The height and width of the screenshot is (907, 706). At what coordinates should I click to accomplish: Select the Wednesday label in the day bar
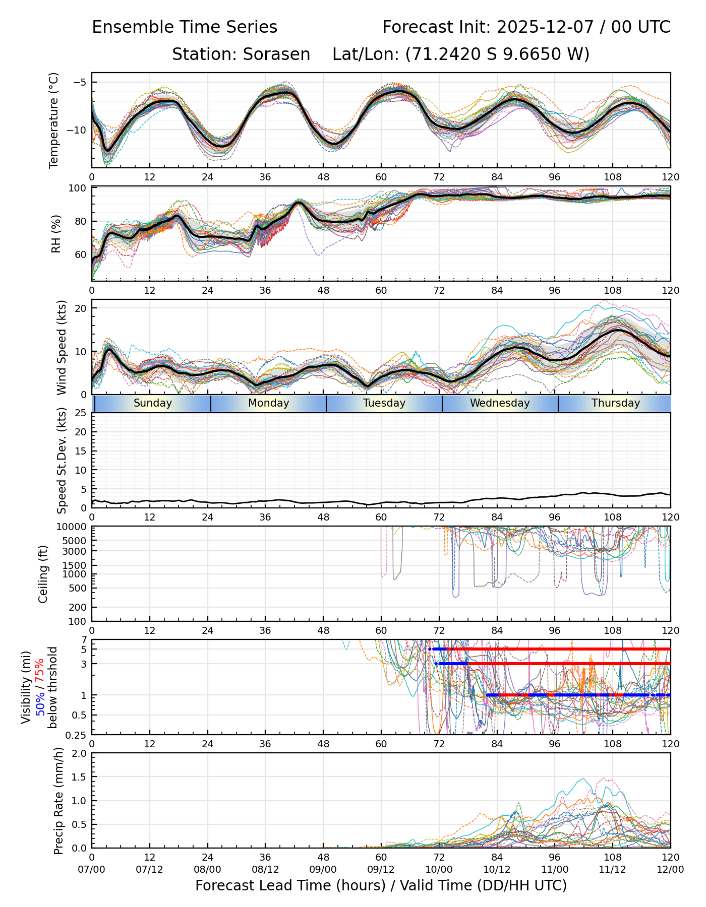(x=500, y=403)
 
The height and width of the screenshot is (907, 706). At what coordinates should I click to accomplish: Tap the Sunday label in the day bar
(x=153, y=403)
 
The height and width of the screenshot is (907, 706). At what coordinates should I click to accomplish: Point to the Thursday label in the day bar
(x=616, y=403)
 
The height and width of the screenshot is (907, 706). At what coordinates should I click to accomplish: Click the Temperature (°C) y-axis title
(x=54, y=120)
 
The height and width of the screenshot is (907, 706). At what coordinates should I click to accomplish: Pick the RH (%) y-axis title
(x=56, y=234)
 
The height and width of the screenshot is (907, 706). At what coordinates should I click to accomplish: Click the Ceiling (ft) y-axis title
(x=43, y=574)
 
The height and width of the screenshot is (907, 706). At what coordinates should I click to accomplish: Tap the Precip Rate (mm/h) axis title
(x=58, y=801)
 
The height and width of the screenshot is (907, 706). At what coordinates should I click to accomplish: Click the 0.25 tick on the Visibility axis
(x=77, y=734)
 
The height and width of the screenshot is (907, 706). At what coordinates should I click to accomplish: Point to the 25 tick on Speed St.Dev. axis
(x=81, y=413)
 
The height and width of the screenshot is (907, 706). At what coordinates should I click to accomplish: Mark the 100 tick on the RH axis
(x=77, y=188)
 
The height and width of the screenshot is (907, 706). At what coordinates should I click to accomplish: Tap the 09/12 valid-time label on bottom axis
(x=381, y=870)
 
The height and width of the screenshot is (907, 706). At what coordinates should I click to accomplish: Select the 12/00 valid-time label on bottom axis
(x=670, y=870)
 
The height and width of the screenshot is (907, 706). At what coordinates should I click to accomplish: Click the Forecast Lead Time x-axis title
(x=381, y=886)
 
